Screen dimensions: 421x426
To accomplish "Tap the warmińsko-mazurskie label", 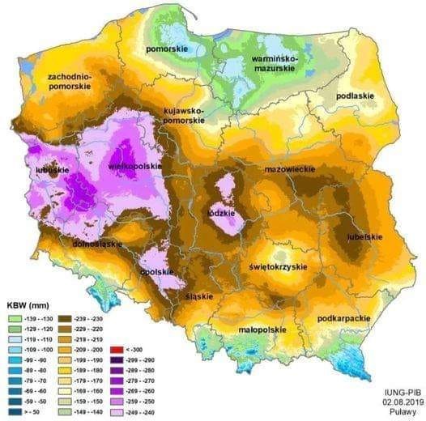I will click(x=273, y=62).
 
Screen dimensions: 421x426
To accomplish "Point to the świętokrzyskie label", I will click(x=277, y=266).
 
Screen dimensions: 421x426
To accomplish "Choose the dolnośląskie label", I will click(x=96, y=242).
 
